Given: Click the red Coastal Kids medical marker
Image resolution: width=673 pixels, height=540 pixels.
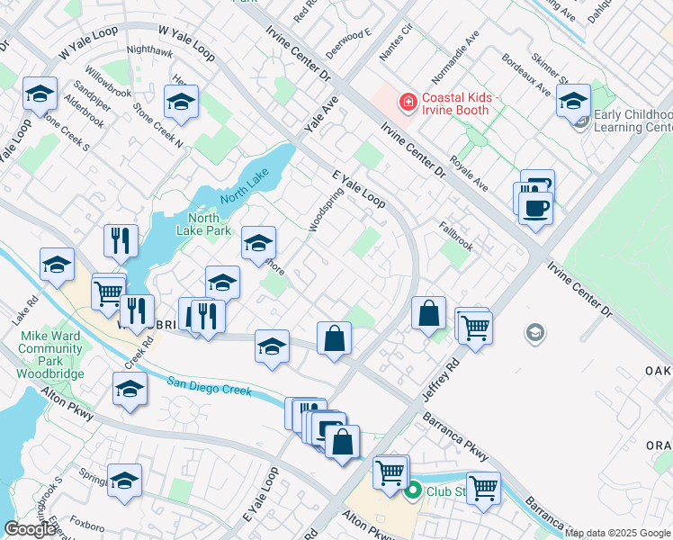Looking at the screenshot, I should (x=408, y=103).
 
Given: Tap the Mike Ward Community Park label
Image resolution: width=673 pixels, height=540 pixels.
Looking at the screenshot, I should (x=52, y=355).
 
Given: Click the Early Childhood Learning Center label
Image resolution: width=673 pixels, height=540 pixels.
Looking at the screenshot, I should (x=632, y=121).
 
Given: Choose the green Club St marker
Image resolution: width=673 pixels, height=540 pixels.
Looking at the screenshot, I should (x=413, y=490).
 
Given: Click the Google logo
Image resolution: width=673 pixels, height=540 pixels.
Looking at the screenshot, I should (x=29, y=529).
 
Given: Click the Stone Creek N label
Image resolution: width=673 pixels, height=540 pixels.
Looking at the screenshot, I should (x=157, y=125).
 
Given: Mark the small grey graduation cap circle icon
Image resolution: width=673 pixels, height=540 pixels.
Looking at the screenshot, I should (x=534, y=334).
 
